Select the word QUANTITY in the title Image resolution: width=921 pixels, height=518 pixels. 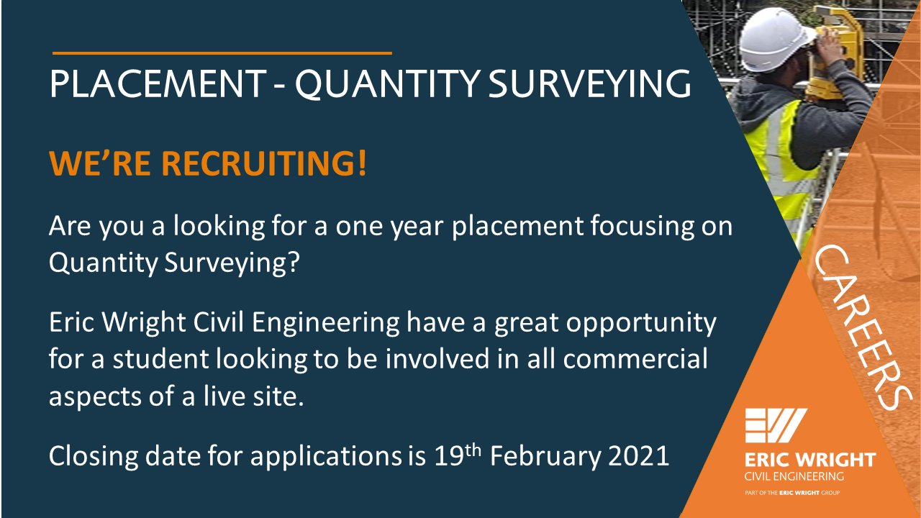tap(388, 84)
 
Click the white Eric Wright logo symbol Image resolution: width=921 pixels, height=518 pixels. tap(776, 426)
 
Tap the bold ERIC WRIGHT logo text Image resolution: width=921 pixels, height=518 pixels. tap(810, 460)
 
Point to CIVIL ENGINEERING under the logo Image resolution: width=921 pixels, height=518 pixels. tap(794, 476)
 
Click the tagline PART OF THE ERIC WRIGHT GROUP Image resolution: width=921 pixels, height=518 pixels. tap(791, 494)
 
